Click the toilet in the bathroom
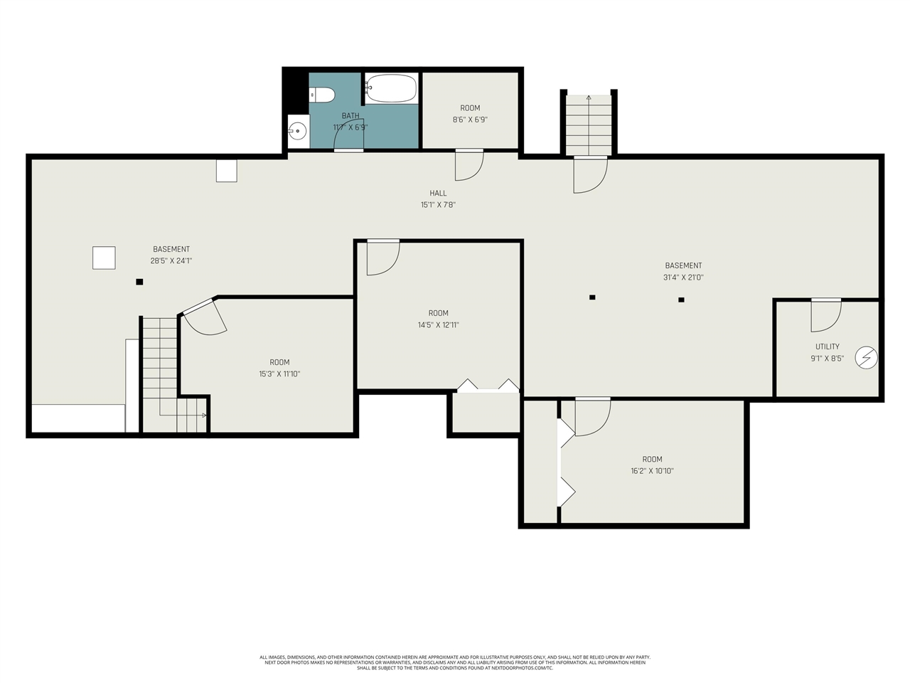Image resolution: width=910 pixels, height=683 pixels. click(322, 95)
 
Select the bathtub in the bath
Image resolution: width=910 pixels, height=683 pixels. click(391, 88)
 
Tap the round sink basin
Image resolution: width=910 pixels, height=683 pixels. click(298, 132)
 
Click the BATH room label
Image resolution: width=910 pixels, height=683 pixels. click(350, 116)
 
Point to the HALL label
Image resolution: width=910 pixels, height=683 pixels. click(438, 193)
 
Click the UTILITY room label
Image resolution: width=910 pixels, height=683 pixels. click(827, 346)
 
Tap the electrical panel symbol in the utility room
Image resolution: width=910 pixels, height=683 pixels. click(866, 357)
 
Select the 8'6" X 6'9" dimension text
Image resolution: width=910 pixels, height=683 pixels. click(470, 120)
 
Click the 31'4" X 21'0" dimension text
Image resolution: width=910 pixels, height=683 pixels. click(683, 277)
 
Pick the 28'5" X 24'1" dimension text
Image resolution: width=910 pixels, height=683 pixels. click(171, 261)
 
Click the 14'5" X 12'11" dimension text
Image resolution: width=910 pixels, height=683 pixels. click(438, 324)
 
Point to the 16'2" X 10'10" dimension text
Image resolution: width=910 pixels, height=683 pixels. click(652, 471)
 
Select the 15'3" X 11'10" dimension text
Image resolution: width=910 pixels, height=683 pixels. click(279, 374)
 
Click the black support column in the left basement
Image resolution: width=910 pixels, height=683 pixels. click(139, 282)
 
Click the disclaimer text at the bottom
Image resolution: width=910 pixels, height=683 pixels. click(455, 662)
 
